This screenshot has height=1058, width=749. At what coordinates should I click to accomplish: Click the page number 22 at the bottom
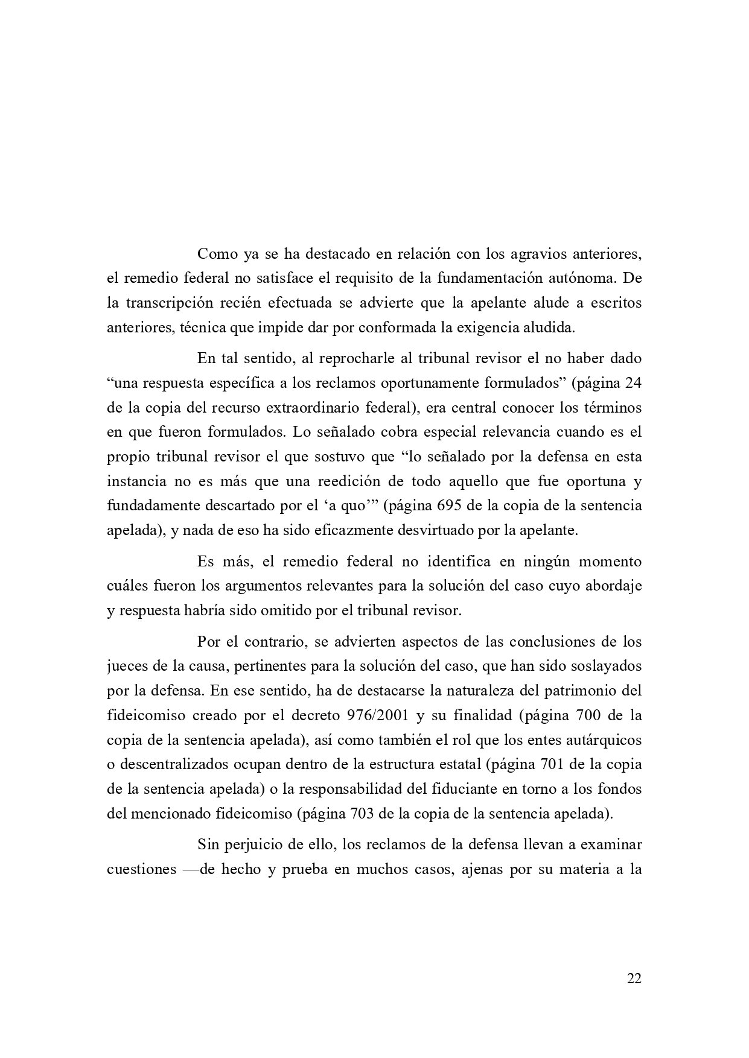pos(634,978)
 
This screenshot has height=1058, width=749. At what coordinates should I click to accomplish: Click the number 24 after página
pos(634,382)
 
